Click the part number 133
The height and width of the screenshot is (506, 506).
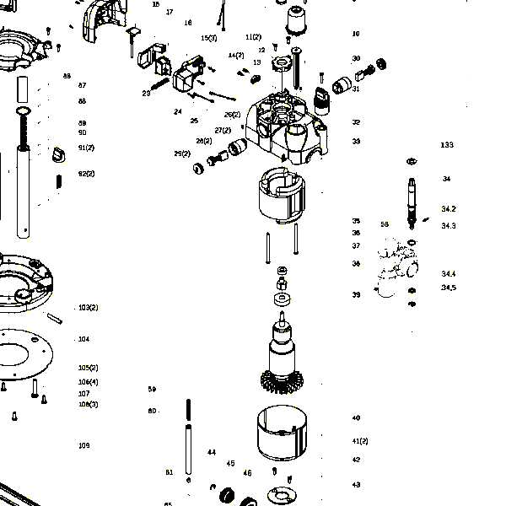(447, 145)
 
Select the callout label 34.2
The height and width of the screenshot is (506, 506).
(449, 208)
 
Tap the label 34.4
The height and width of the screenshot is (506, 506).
(449, 274)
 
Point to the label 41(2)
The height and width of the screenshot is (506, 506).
(360, 441)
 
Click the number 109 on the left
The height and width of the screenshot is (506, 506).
(84, 445)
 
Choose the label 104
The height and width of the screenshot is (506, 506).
(83, 339)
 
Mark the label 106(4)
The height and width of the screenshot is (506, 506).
(89, 382)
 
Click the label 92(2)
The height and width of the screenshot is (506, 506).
(86, 174)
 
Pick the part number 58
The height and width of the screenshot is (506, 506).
(385, 224)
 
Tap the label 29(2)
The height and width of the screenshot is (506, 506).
(182, 153)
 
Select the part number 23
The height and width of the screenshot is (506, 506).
(146, 93)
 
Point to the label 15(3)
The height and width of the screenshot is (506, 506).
(208, 38)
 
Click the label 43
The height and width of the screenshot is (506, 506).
(357, 485)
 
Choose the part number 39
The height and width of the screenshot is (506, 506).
(357, 295)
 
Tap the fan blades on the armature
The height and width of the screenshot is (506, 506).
(281, 382)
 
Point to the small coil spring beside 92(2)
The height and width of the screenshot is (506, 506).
(59, 180)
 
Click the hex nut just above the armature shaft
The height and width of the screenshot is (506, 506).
(283, 271)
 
